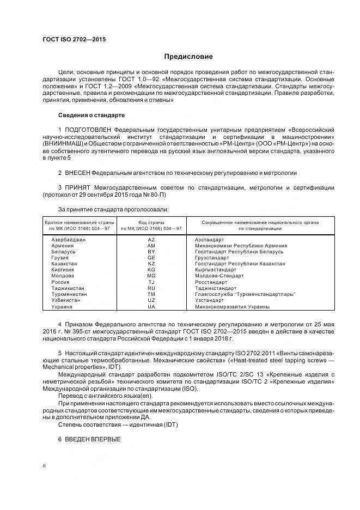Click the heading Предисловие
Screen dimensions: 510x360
[188, 57]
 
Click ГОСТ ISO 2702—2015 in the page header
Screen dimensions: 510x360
[74, 40]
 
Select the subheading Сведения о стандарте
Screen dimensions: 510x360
[91, 116]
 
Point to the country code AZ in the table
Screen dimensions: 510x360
[151, 239]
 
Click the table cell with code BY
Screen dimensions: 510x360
[151, 252]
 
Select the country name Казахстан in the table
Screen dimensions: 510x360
[64, 264]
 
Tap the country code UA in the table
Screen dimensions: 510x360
[151, 306]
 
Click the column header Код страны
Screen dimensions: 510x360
[151, 222]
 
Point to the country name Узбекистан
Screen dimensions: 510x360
[65, 300]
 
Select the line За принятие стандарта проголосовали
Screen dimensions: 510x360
[113, 209]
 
